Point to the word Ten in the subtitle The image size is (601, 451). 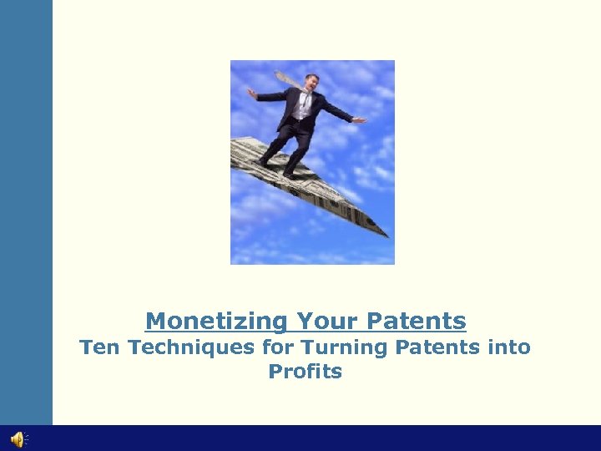95,347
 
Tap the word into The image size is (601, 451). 509,347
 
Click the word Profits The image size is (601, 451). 305,372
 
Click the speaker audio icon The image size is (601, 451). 18,439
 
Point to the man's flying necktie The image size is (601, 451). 289,79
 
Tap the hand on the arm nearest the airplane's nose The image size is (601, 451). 360,121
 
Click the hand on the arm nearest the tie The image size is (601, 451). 251,94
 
